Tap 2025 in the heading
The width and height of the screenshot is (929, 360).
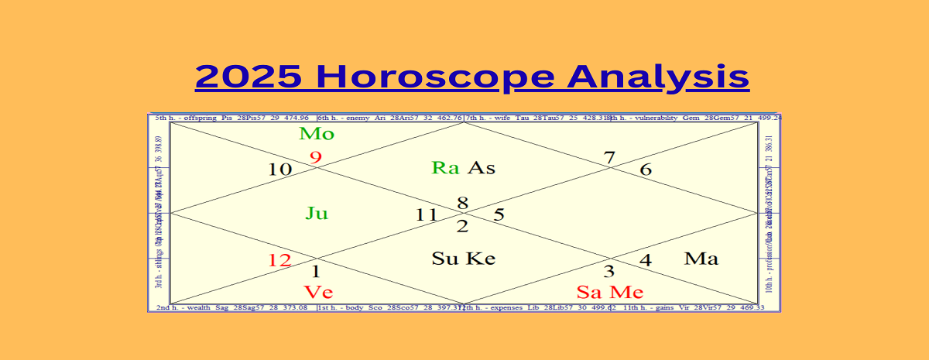pyautogui.click(x=249, y=77)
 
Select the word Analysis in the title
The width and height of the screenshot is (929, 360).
pyautogui.click(x=658, y=77)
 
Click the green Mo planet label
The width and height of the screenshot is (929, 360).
pyautogui.click(x=317, y=134)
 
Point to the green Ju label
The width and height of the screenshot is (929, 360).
pyautogui.click(x=317, y=213)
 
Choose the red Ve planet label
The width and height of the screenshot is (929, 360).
pyautogui.click(x=318, y=292)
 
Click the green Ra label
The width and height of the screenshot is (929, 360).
pyautogui.click(x=446, y=167)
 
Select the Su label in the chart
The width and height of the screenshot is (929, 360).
pyautogui.click(x=446, y=259)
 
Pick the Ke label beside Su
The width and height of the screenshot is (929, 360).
pyautogui.click(x=481, y=259)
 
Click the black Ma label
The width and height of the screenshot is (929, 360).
pyautogui.click(x=701, y=259)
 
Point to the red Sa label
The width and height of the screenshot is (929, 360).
pyautogui.click(x=591, y=292)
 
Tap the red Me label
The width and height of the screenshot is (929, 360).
pyautogui.click(x=627, y=292)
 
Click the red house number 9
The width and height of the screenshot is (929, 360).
pyautogui.click(x=315, y=158)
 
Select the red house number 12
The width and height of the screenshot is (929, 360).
pyautogui.click(x=279, y=260)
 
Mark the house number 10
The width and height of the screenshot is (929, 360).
pyautogui.click(x=280, y=170)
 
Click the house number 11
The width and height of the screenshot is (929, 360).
pyautogui.click(x=427, y=215)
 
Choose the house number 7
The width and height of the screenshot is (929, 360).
pyautogui.click(x=609, y=158)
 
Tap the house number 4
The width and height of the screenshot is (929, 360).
pyautogui.click(x=645, y=260)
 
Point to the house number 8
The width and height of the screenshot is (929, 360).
pyautogui.click(x=462, y=203)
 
